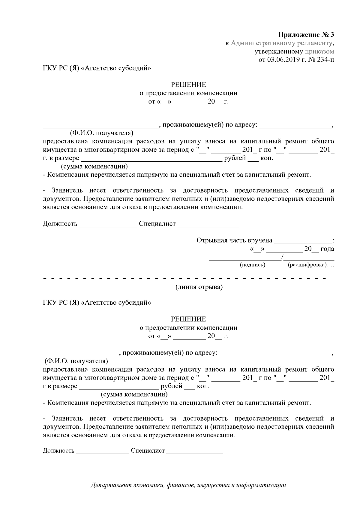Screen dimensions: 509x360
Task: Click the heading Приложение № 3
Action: [x=306, y=34]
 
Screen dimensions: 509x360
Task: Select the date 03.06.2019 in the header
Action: [x=281, y=59]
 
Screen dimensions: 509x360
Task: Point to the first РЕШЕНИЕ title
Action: [x=188, y=85]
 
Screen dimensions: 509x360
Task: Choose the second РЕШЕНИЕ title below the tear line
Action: [x=188, y=319]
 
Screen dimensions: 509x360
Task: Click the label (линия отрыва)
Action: [x=199, y=287]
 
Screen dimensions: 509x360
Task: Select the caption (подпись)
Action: [x=252, y=265]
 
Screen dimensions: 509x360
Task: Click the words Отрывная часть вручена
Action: [x=234, y=240]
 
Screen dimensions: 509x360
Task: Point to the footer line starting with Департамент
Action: [x=188, y=485]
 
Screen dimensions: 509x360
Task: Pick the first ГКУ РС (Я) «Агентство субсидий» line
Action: [x=97, y=68]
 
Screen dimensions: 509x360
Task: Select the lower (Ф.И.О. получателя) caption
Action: [x=76, y=361]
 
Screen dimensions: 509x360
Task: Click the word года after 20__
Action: [x=327, y=249]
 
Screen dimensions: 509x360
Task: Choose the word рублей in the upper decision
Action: [x=235, y=158]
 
